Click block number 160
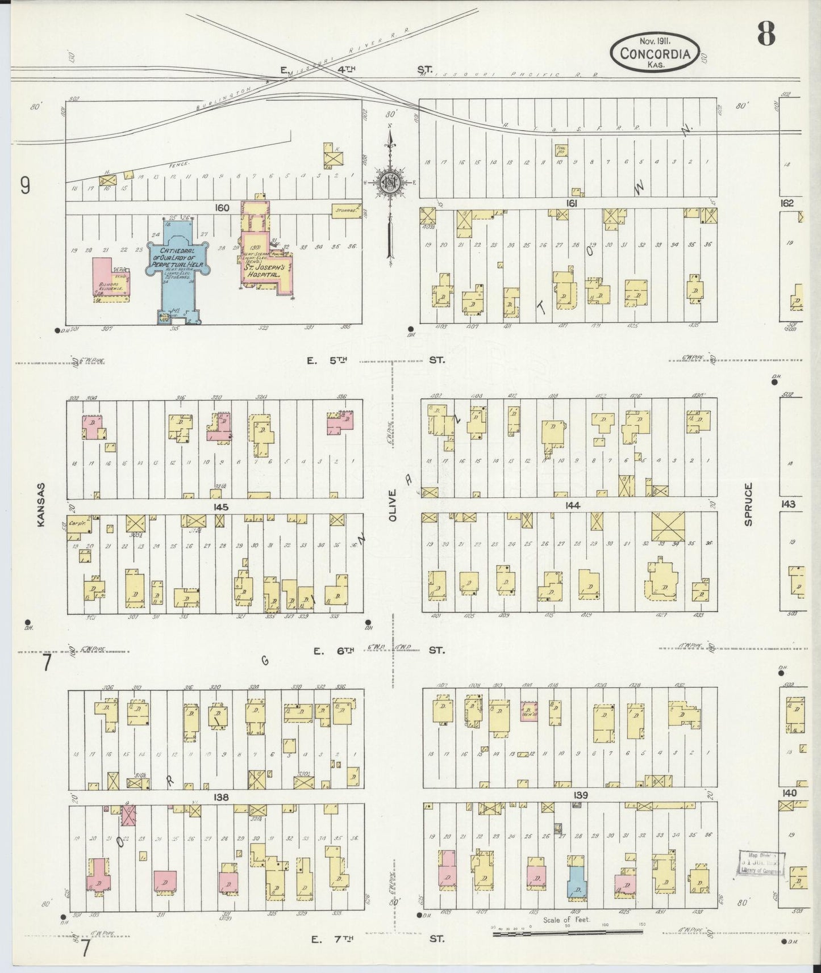(x=221, y=208)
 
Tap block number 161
(x=571, y=203)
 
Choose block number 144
(x=572, y=505)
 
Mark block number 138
(x=220, y=797)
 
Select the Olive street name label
(x=393, y=505)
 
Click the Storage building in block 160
(x=346, y=211)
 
